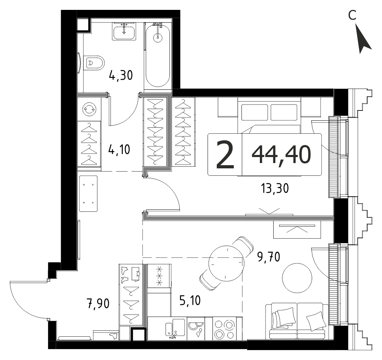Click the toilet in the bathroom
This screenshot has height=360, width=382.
point(94,63)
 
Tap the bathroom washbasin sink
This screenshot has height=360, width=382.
point(124,31)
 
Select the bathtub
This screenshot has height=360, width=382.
point(157,56)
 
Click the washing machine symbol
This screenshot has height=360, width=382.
point(89,109)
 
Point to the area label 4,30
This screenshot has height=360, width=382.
point(121,75)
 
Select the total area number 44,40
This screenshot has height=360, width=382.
point(281,155)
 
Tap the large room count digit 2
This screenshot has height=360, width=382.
point(225,155)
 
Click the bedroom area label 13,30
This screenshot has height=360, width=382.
point(275,188)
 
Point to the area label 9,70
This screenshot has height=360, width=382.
point(269,257)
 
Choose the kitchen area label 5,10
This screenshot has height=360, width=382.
point(190,300)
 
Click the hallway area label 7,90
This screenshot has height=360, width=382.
point(98,304)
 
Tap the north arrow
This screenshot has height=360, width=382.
point(363,38)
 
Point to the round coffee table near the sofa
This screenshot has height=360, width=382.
point(297,278)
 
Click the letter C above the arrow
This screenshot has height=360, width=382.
point(352,15)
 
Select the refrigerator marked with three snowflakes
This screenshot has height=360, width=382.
point(159,276)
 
